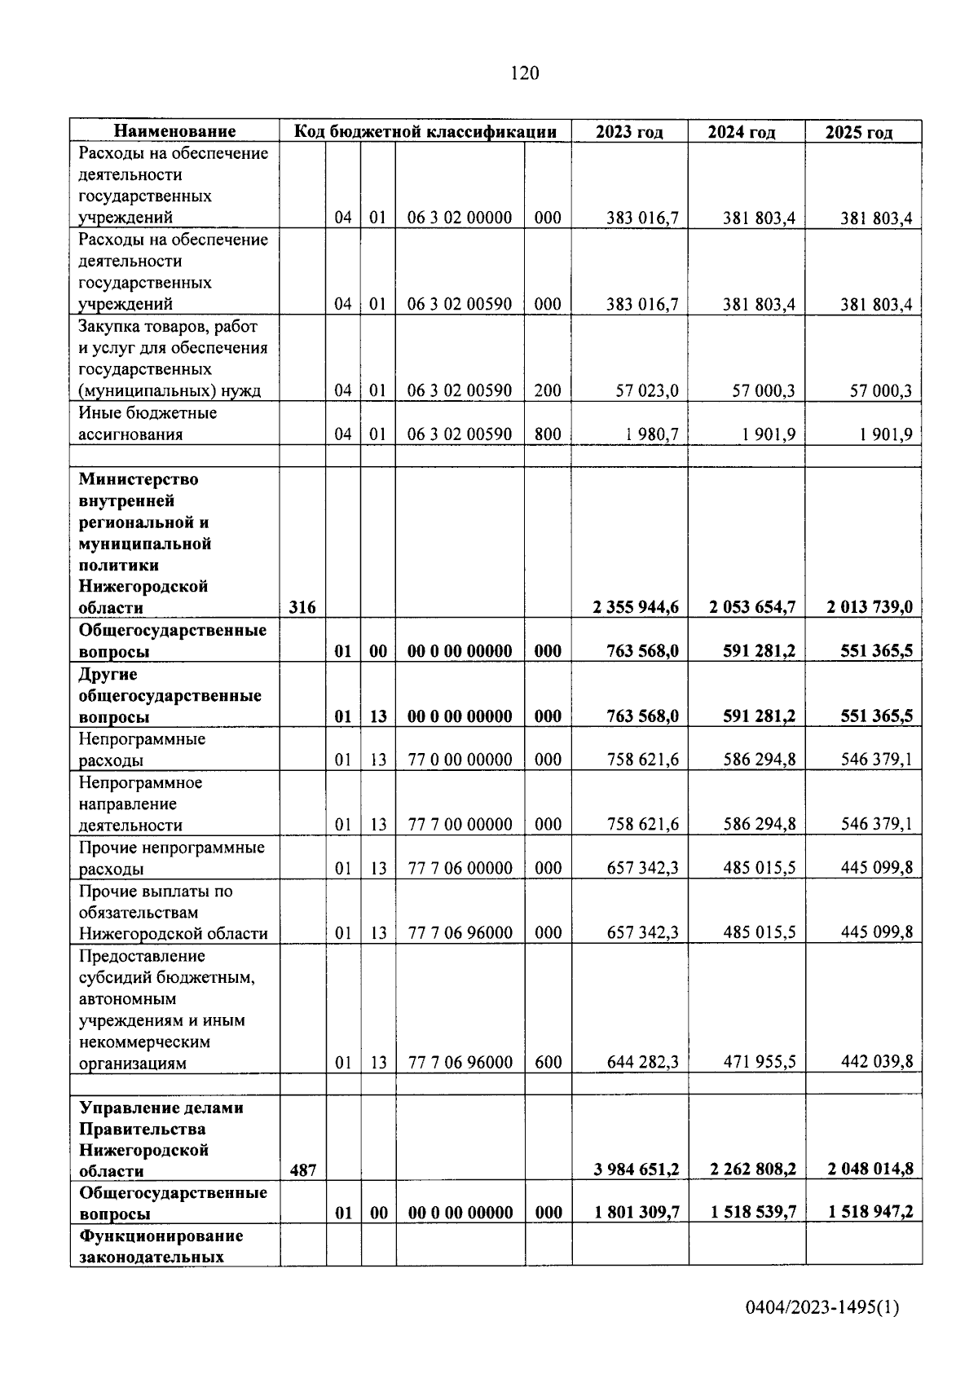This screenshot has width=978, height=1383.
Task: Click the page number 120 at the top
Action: pos(524,73)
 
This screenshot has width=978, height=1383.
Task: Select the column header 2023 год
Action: pos(629,132)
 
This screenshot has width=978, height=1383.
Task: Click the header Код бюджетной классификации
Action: pos(425,132)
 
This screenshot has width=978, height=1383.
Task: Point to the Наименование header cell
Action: pos(174,131)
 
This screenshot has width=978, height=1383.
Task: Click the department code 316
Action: pos(302,607)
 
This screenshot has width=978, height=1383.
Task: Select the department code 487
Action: pos(302,1170)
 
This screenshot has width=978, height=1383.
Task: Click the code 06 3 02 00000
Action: pos(460,218)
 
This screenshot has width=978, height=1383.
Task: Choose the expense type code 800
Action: pos(548,434)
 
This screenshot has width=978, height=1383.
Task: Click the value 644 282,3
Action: pos(642,1062)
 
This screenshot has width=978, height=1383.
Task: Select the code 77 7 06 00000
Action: pos(460,868)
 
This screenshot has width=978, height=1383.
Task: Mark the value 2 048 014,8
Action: pos(870,1169)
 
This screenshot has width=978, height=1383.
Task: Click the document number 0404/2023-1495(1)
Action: pos(822,1308)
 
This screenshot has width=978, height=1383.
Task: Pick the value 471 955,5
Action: pos(759,1062)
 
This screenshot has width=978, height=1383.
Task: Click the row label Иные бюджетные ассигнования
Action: pos(147,424)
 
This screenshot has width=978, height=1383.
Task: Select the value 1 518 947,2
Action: pos(870,1213)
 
